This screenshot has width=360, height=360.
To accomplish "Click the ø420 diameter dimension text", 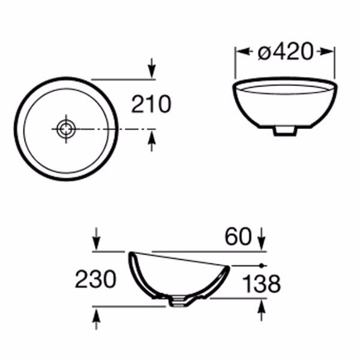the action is click(286, 52).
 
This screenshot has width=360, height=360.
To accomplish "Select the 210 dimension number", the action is click(151, 104).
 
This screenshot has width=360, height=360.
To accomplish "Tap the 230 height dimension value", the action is click(95, 279).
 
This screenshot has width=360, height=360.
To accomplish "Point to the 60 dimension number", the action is click(238, 236).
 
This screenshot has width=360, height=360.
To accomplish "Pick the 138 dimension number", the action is click(262, 284).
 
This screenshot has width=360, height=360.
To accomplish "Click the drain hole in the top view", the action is click(67, 129).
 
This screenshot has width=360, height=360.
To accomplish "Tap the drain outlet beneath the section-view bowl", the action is click(178, 302).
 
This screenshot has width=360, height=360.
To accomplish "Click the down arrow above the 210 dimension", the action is click(152, 68).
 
